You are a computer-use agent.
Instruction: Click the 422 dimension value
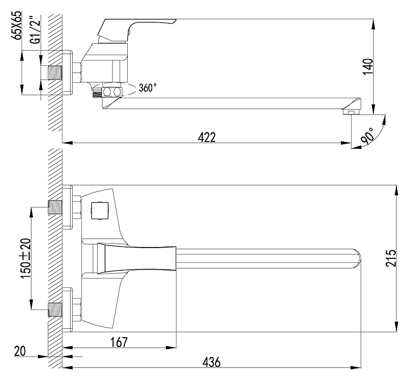[207, 137]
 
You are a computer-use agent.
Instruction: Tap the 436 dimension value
[211, 362]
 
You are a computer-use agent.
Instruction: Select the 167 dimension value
[119, 342]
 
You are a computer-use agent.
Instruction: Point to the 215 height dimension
[390, 258]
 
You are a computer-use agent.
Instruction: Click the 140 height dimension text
[368, 67]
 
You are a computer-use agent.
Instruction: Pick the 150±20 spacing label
[26, 258]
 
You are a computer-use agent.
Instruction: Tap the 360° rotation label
[148, 88]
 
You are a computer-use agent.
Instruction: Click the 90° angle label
[368, 136]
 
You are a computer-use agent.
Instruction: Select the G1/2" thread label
[37, 29]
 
